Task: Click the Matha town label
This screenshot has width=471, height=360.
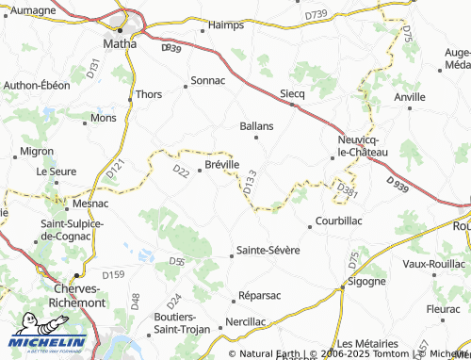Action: click(x=120, y=41)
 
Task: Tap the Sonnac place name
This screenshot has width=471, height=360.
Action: click(x=208, y=81)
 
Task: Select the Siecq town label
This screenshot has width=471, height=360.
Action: click(x=293, y=94)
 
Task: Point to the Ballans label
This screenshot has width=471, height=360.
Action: click(x=256, y=125)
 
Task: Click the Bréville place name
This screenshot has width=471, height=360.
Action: click(x=221, y=164)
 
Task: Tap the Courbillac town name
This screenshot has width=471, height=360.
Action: click(x=336, y=222)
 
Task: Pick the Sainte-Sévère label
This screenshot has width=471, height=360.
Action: click(x=268, y=251)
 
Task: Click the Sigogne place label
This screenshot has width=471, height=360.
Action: click(x=366, y=281)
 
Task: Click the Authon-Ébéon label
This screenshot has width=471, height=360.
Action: click(x=37, y=86)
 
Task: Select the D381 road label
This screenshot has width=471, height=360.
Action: click(x=347, y=192)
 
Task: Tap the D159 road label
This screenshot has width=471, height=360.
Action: click(x=113, y=274)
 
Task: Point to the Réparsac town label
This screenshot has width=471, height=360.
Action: click(x=260, y=295)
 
